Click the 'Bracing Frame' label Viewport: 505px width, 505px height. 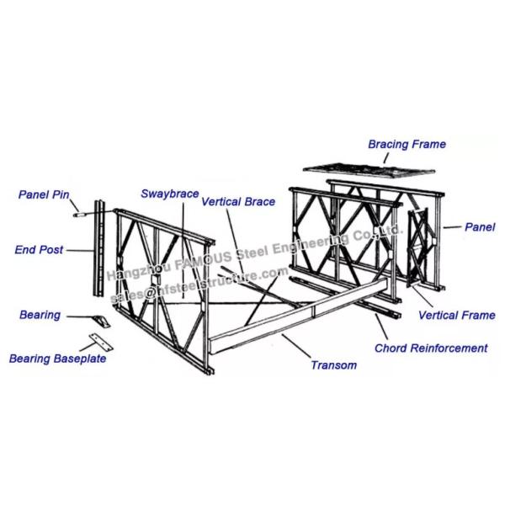pos(407,145)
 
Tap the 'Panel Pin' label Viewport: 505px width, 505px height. pos(44,194)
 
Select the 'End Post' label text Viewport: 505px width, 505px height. pos(39,249)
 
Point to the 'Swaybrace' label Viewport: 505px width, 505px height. pos(169,194)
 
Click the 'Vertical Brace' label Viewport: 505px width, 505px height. pos(238,202)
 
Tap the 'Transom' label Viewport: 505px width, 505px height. pos(333,365)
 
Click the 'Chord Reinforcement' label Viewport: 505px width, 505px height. pos(431,348)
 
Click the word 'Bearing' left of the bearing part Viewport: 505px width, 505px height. pos(40,316)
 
